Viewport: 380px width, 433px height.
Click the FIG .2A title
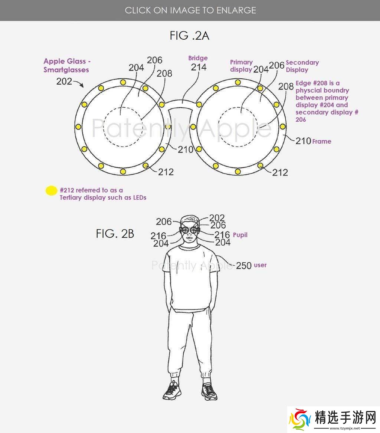(x=190, y=36)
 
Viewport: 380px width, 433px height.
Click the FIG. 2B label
(x=115, y=234)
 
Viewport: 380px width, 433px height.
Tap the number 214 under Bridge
(x=199, y=67)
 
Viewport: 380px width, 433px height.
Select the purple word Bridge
(x=198, y=58)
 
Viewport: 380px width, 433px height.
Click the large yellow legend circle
(x=51, y=190)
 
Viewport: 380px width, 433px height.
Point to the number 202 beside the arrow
(x=64, y=81)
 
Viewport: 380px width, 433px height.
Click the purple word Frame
(x=322, y=141)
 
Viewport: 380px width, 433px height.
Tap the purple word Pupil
(x=240, y=235)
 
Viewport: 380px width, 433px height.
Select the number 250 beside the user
(x=243, y=265)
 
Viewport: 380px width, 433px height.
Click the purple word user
(x=260, y=265)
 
